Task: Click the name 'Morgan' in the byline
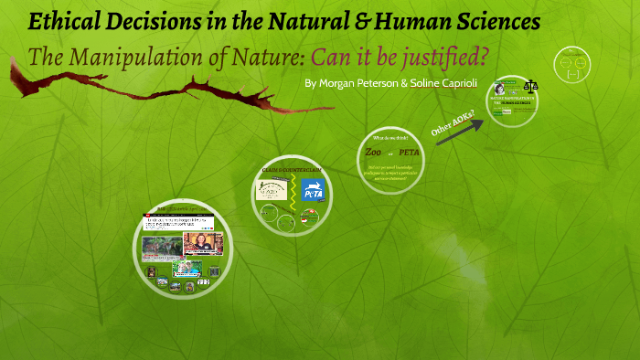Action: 346,82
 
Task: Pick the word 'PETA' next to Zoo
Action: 408,152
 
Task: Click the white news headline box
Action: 178,222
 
